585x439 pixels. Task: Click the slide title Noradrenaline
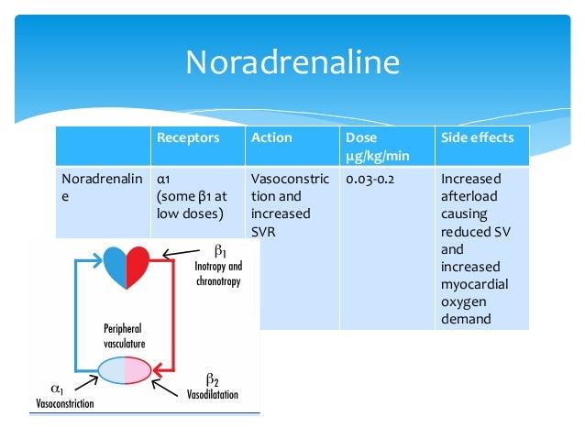click(292, 62)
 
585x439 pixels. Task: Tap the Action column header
click(271, 137)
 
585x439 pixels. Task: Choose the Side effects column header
click(478, 137)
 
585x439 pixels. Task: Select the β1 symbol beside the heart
click(220, 249)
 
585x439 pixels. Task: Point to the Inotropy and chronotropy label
click(217, 274)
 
